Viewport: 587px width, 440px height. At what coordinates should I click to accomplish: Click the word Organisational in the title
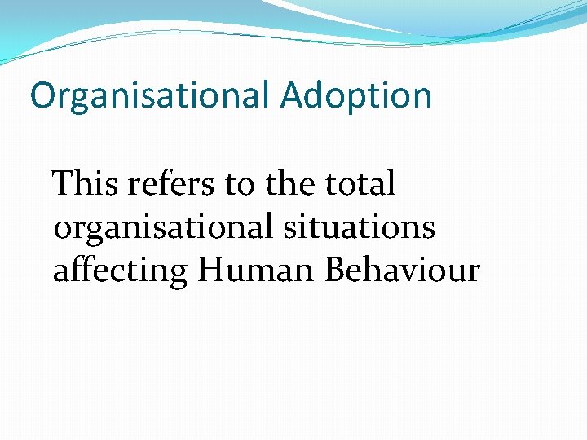pyautogui.click(x=149, y=96)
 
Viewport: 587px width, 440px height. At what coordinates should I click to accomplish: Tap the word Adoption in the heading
pyautogui.click(x=356, y=96)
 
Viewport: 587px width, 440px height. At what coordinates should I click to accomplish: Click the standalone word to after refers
pyautogui.click(x=241, y=185)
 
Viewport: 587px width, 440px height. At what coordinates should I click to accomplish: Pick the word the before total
pyautogui.click(x=290, y=184)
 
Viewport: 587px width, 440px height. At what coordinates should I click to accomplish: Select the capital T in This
pyautogui.click(x=62, y=184)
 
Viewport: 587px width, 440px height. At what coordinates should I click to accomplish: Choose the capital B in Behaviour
pyautogui.click(x=335, y=271)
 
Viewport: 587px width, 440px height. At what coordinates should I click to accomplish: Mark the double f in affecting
pyautogui.click(x=78, y=269)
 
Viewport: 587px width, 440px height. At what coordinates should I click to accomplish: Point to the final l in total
pyautogui.click(x=391, y=183)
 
